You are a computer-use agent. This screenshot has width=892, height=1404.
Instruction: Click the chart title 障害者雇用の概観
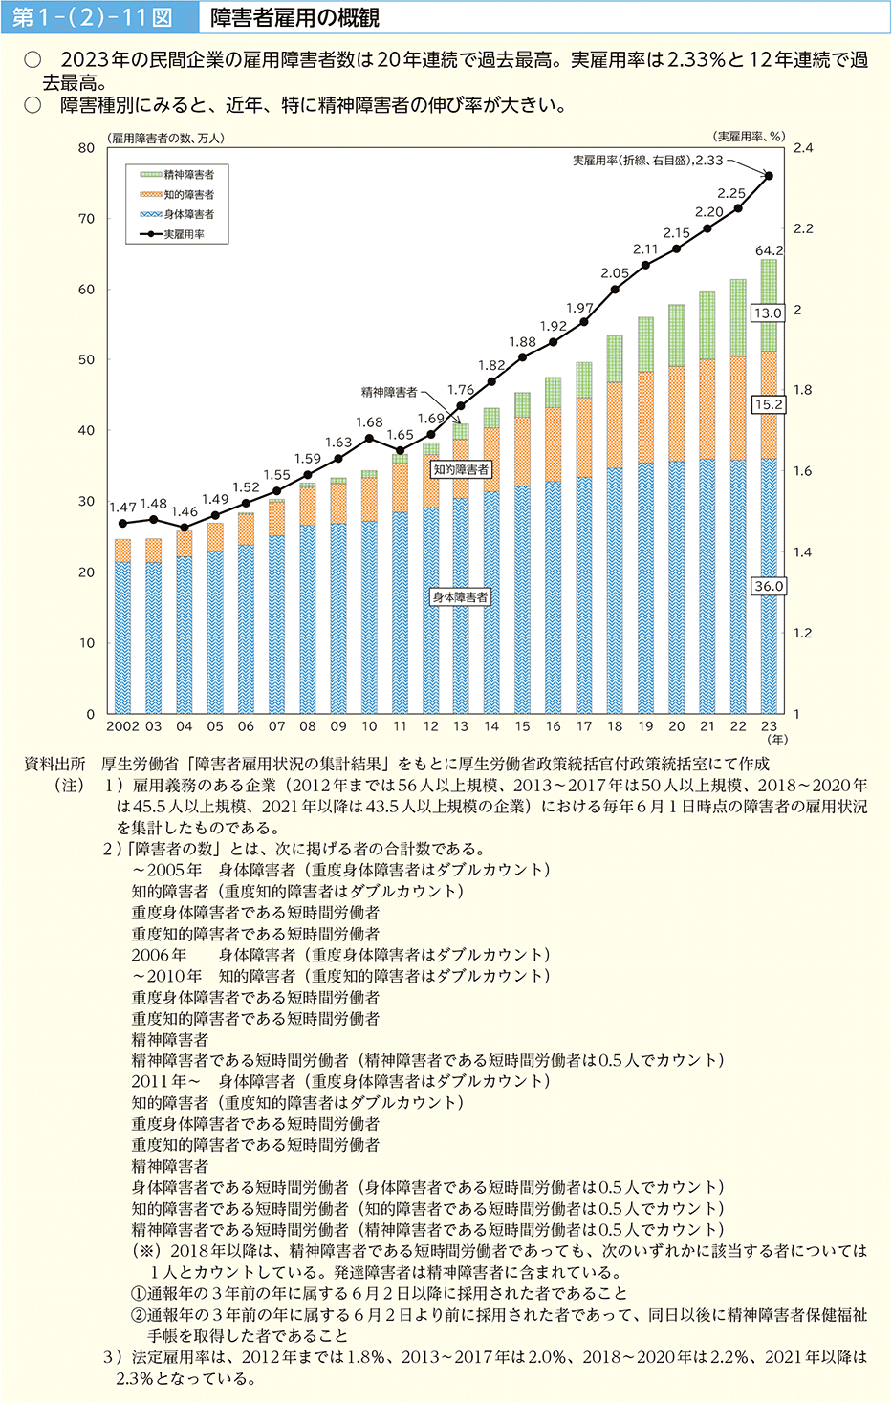tap(294, 17)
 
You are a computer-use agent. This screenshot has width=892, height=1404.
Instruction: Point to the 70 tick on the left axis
tap(87, 219)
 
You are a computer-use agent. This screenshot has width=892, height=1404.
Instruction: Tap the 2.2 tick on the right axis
tap(803, 228)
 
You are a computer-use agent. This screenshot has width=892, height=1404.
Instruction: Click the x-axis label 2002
tap(122, 726)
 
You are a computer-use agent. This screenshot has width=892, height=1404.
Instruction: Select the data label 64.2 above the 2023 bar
tap(769, 250)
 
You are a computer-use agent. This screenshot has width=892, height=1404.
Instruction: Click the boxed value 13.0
tap(768, 313)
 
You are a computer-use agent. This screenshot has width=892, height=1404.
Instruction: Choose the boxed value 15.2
tap(768, 404)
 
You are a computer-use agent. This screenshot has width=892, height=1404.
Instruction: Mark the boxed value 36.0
tap(769, 586)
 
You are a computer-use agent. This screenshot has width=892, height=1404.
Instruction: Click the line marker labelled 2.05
tap(615, 289)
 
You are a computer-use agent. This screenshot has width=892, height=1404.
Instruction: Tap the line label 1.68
tap(369, 422)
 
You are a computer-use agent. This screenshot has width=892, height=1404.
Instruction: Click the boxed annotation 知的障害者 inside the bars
tap(461, 469)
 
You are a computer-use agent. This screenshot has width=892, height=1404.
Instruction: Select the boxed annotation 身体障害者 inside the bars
tap(460, 597)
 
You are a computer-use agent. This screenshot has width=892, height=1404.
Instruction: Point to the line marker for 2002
tap(122, 523)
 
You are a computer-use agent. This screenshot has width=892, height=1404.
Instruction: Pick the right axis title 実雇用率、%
tap(749, 137)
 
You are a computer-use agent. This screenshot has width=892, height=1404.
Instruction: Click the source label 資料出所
tap(54, 764)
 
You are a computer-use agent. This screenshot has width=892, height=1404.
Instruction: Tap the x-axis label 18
tap(615, 726)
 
